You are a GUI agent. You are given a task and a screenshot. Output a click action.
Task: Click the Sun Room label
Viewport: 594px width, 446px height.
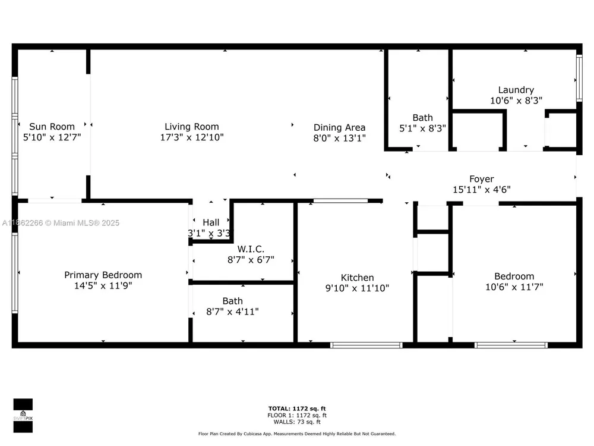(x=52, y=127)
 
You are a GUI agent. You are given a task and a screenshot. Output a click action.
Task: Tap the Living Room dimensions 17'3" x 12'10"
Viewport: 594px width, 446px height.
(x=192, y=137)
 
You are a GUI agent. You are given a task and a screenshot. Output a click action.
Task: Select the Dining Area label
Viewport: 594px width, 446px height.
(x=339, y=127)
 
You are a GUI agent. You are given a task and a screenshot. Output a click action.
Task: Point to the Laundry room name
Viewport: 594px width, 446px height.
(x=516, y=90)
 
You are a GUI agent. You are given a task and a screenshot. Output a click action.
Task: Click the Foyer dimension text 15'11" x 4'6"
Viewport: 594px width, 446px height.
(x=482, y=190)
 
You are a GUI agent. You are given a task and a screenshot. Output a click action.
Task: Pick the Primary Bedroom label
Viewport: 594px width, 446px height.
(x=103, y=275)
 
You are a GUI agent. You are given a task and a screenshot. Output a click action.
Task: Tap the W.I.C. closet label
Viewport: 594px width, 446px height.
(x=251, y=249)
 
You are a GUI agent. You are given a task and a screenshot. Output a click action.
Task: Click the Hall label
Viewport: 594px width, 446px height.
(x=211, y=222)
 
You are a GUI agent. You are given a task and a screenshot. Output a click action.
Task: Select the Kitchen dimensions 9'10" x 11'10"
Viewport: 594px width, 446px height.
(x=357, y=288)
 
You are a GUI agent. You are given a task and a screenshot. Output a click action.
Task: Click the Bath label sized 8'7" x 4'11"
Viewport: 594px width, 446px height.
(x=233, y=301)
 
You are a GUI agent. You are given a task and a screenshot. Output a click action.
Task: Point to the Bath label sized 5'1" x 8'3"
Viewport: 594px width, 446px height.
(x=423, y=118)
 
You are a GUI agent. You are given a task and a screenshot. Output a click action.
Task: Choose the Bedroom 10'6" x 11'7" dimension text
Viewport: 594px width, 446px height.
(x=514, y=287)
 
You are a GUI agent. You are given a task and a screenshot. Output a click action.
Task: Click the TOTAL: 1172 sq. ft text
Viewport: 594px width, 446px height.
(x=297, y=409)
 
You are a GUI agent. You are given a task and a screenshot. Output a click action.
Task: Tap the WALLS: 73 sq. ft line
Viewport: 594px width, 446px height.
(x=297, y=422)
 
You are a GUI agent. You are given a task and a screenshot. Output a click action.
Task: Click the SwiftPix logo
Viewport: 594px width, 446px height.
(x=23, y=416)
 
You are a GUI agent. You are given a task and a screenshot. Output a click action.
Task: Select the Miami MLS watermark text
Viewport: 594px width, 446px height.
(x=61, y=223)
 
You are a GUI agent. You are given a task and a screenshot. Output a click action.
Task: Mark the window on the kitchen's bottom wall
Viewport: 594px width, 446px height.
(x=366, y=345)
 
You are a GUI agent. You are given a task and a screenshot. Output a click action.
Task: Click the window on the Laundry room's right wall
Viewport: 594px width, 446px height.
(x=579, y=78)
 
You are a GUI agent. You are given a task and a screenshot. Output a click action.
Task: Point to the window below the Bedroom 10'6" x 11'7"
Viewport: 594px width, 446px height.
(x=511, y=345)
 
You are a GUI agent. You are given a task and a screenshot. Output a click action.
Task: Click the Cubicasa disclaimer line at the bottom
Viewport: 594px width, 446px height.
(x=297, y=434)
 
